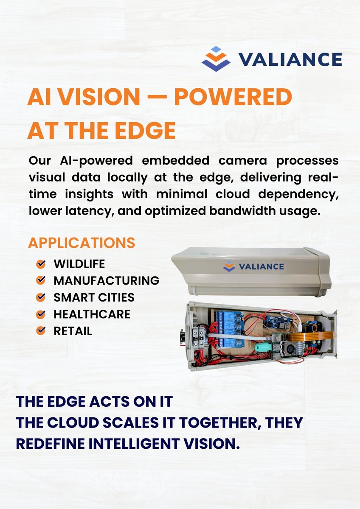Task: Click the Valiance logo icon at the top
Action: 216,59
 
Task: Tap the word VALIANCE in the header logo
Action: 290,59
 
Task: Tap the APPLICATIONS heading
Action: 82,243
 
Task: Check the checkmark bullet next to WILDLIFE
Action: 41,264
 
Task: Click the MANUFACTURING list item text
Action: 106,280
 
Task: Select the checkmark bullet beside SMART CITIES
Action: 41,297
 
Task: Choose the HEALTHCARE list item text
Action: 92,314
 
